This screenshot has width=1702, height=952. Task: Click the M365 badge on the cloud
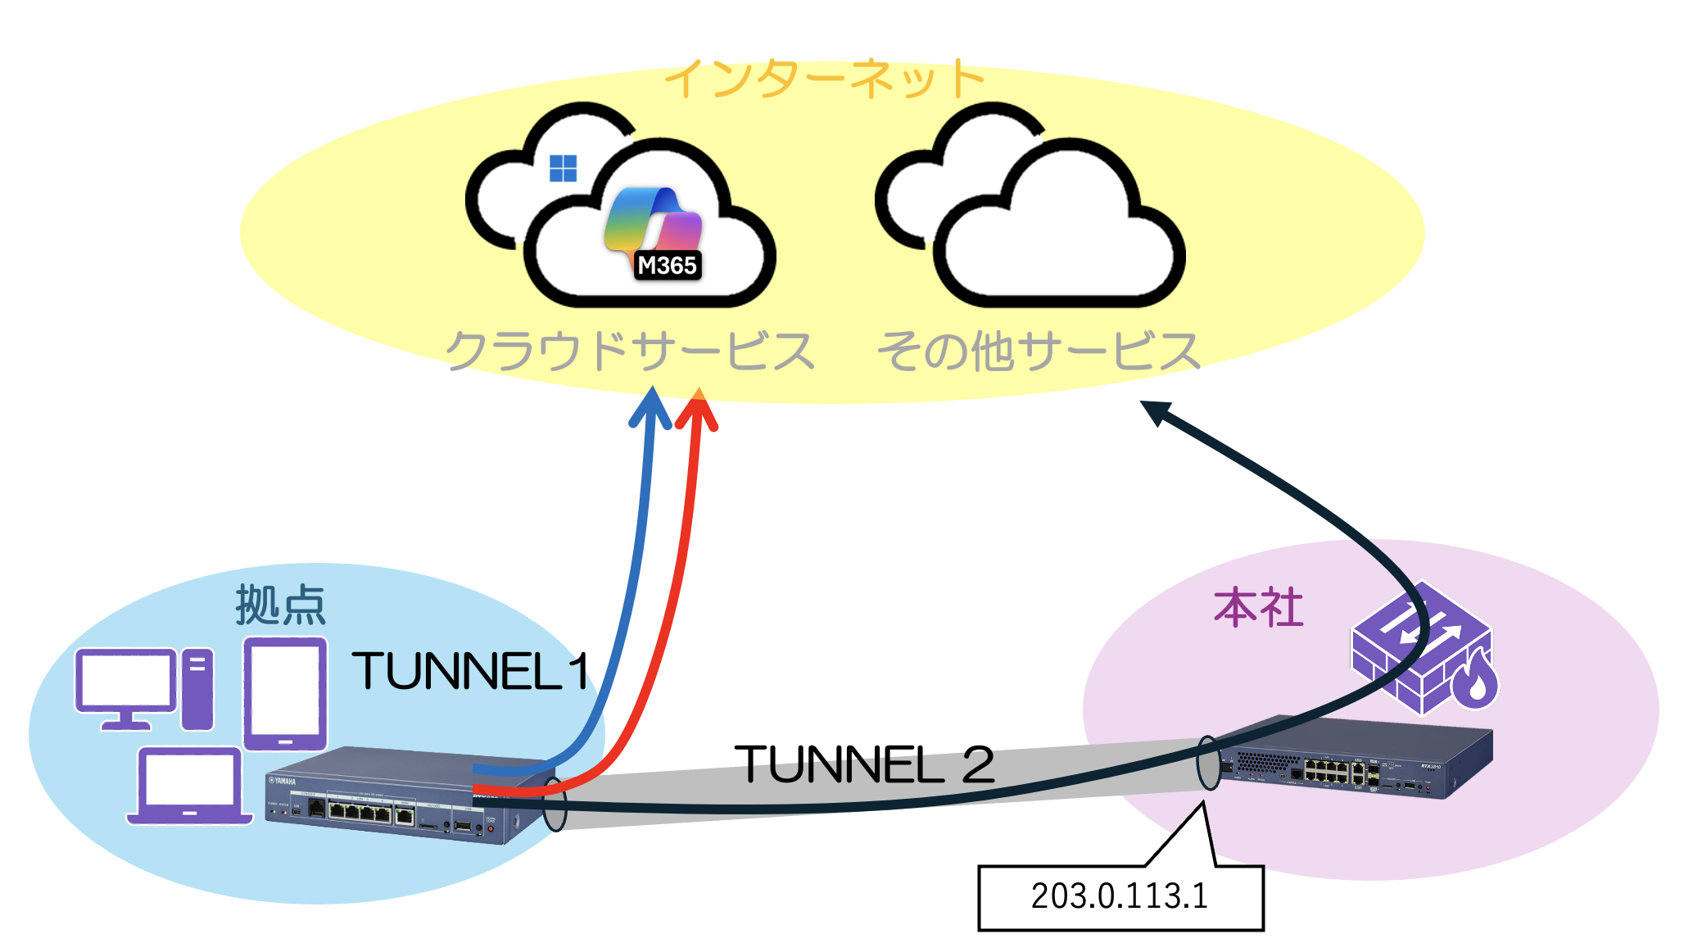click(x=667, y=265)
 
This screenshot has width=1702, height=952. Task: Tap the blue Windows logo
click(x=563, y=168)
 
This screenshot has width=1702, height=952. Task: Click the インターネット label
click(x=824, y=79)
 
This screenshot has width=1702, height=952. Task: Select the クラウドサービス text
click(x=629, y=351)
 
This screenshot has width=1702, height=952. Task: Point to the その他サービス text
click(x=1038, y=351)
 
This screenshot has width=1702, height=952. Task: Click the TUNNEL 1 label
click(x=471, y=672)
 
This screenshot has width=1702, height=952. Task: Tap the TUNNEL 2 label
click(x=863, y=764)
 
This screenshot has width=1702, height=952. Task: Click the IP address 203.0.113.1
click(x=1119, y=896)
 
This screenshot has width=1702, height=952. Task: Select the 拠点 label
click(x=280, y=605)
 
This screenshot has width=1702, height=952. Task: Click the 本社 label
click(x=1258, y=608)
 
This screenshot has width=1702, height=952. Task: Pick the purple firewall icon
click(x=1424, y=647)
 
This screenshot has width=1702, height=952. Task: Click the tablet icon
click(x=285, y=693)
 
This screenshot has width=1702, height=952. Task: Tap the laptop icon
click(x=189, y=785)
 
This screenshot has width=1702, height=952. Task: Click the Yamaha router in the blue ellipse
click(x=393, y=795)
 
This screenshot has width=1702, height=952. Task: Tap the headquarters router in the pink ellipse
click(x=1356, y=758)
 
